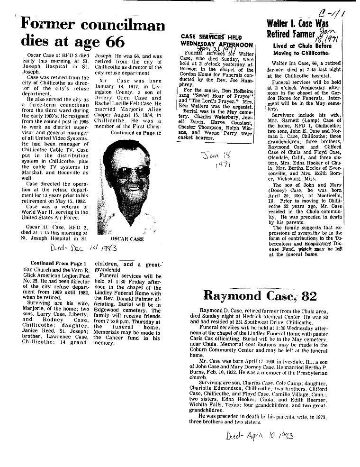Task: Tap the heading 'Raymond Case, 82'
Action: pos(260,296)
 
